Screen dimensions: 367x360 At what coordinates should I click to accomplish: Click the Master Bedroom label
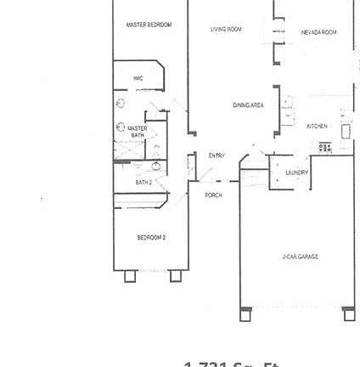(x=149, y=25)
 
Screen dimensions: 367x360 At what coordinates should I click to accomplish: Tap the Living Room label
(x=226, y=29)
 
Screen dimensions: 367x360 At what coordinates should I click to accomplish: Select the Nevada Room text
(x=318, y=32)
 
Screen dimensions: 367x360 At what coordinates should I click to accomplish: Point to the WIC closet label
(x=138, y=77)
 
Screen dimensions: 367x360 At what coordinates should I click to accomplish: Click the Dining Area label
(x=248, y=105)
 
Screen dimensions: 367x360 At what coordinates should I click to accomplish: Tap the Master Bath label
(x=137, y=133)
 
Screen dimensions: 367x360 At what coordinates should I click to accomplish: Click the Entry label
(x=217, y=155)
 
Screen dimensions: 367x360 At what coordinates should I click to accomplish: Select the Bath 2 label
(x=143, y=182)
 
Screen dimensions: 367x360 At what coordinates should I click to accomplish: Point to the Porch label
(x=213, y=195)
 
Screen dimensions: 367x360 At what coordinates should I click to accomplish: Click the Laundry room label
(x=296, y=172)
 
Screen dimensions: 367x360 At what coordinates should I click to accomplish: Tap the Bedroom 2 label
(x=151, y=238)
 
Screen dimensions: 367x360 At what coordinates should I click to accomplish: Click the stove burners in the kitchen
(x=325, y=147)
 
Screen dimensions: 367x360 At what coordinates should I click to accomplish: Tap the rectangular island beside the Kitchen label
(x=346, y=132)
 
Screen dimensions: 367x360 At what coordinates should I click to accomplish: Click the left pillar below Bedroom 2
(x=129, y=275)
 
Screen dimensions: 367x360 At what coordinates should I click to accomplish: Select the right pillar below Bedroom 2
(x=175, y=275)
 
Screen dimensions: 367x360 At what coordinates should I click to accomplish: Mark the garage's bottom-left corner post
(x=245, y=315)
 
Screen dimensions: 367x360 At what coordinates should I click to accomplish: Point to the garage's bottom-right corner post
(x=349, y=315)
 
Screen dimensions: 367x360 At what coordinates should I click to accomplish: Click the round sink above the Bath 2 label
(x=156, y=167)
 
